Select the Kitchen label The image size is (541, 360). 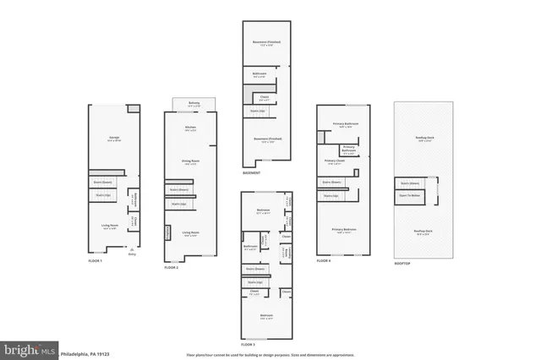tap(190, 128)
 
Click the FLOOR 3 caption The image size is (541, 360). tap(248, 345)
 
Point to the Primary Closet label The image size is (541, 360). tap(335, 160)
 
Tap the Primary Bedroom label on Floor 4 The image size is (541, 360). tap(342, 230)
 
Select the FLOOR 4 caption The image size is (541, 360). tap(324, 261)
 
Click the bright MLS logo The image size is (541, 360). tap(29, 348)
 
